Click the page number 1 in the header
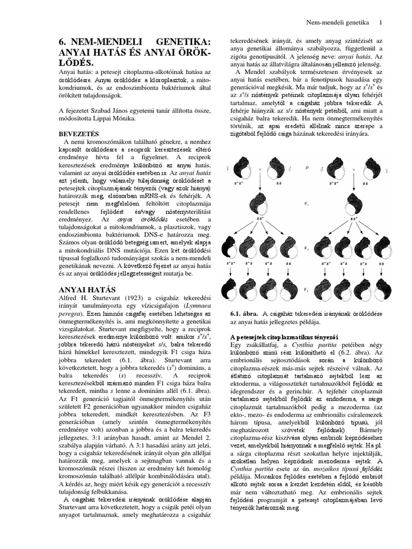click(381, 23)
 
